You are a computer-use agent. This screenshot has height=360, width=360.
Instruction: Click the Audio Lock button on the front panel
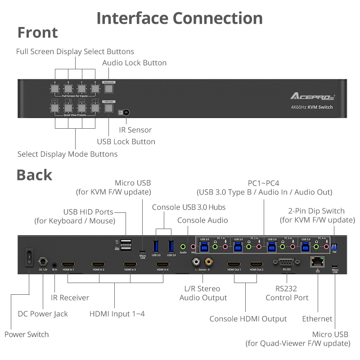108,89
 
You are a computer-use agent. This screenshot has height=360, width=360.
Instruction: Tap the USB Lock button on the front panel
108,108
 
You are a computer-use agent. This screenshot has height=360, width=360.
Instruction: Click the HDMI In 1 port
68,264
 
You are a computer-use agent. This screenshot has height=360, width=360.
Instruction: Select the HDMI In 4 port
162,264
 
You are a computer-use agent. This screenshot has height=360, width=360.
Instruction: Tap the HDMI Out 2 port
256,264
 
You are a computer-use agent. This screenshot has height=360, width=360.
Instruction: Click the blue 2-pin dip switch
334,247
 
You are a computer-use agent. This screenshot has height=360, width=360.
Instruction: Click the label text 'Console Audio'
202,220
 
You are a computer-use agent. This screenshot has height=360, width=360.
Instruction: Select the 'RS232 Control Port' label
287,293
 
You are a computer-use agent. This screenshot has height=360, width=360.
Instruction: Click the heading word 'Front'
37,33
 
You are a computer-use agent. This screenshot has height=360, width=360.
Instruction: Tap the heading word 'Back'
35,175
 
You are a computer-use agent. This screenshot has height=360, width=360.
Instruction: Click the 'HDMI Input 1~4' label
117,314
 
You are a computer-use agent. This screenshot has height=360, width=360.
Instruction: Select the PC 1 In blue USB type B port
205,246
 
